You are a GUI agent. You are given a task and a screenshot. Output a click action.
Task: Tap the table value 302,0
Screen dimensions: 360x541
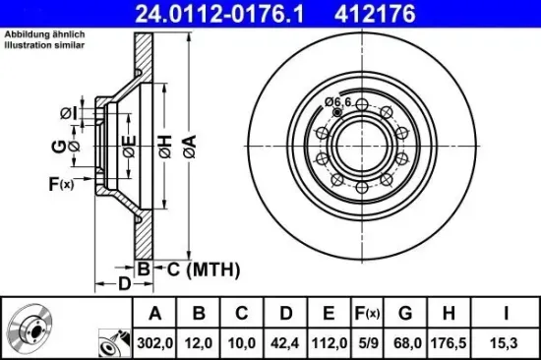153,343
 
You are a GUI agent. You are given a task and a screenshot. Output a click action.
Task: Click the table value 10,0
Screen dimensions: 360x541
242,343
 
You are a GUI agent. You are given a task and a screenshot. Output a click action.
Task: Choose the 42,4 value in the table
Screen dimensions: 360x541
285,343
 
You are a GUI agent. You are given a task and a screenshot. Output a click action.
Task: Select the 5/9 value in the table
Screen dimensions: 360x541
366,343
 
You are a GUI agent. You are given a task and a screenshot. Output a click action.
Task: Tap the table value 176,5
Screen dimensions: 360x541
448,343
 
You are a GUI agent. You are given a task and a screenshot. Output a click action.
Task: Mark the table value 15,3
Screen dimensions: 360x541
504,343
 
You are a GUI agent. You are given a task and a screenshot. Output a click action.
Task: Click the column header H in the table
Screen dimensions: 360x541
448,315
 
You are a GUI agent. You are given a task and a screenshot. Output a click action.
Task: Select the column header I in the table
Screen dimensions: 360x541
504,315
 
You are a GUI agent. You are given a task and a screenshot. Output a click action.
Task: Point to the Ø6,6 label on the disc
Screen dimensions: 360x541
337,101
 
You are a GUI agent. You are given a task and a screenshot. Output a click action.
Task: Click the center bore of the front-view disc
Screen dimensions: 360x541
362,148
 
